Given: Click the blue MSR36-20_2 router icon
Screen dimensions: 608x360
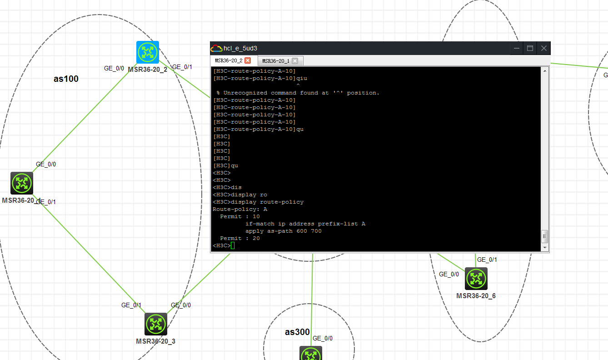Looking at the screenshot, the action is [x=147, y=52].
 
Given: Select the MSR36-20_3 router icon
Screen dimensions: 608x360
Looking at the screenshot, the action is [x=156, y=324].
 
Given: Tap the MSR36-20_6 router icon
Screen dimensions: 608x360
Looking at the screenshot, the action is [x=476, y=279].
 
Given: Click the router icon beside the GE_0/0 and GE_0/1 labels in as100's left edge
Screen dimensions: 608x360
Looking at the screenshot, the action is [x=22, y=183].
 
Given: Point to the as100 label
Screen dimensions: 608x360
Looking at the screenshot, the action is [x=66, y=79].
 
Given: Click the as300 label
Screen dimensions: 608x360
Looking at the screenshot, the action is [x=297, y=332].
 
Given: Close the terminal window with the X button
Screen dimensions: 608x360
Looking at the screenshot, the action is [x=543, y=48].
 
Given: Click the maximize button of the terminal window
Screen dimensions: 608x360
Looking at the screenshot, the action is [x=530, y=48].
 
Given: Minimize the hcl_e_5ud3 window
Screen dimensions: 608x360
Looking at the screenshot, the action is [x=517, y=48].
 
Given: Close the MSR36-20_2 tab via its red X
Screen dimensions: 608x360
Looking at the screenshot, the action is [x=248, y=60].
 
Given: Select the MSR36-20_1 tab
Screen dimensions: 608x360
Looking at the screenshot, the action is [x=275, y=61].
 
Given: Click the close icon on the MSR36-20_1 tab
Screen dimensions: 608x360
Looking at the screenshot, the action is [x=295, y=61].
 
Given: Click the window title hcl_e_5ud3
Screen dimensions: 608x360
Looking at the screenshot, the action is [x=240, y=48].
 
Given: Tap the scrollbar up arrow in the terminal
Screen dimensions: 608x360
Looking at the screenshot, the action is [x=544, y=71].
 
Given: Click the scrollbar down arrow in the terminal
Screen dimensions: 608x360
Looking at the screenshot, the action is [x=544, y=247].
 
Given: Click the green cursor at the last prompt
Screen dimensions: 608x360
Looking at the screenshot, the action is [x=233, y=245].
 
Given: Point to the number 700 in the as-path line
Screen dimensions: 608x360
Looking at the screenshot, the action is [x=316, y=231].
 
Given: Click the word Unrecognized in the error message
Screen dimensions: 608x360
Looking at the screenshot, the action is [x=245, y=93].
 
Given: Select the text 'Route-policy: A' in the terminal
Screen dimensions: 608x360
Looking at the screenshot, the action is [x=240, y=210].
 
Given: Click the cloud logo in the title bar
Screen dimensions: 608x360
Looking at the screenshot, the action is [x=216, y=48].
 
